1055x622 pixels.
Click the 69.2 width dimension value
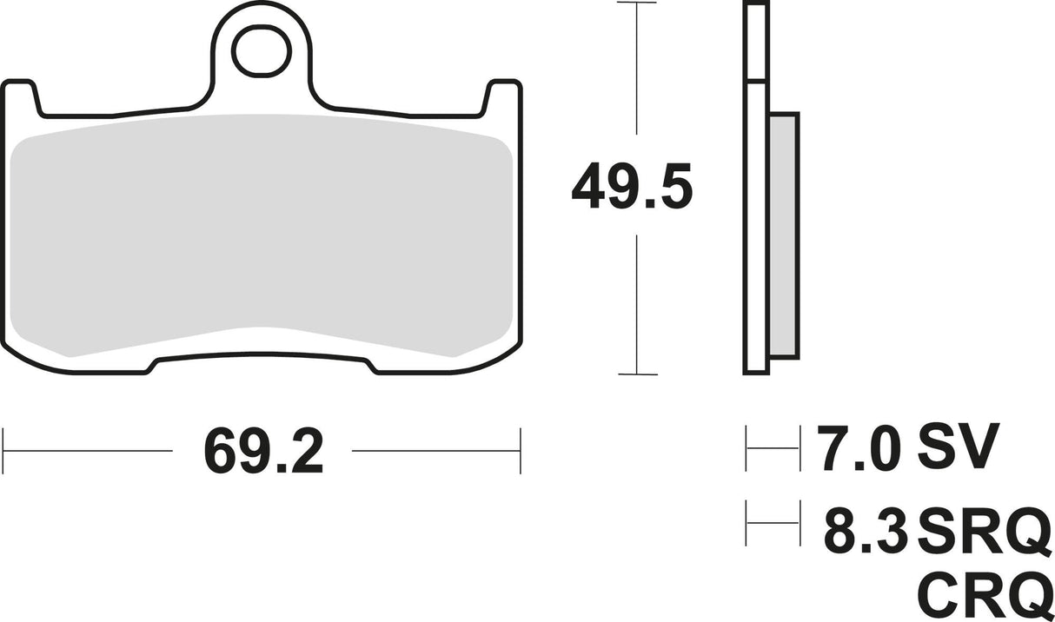[x=262, y=451]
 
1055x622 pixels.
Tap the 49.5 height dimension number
[x=632, y=190]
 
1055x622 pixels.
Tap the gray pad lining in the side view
[x=784, y=235]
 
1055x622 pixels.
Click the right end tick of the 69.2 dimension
[x=520, y=450]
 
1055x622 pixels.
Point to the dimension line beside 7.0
[x=773, y=448]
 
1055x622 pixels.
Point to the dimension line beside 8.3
[x=773, y=522]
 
